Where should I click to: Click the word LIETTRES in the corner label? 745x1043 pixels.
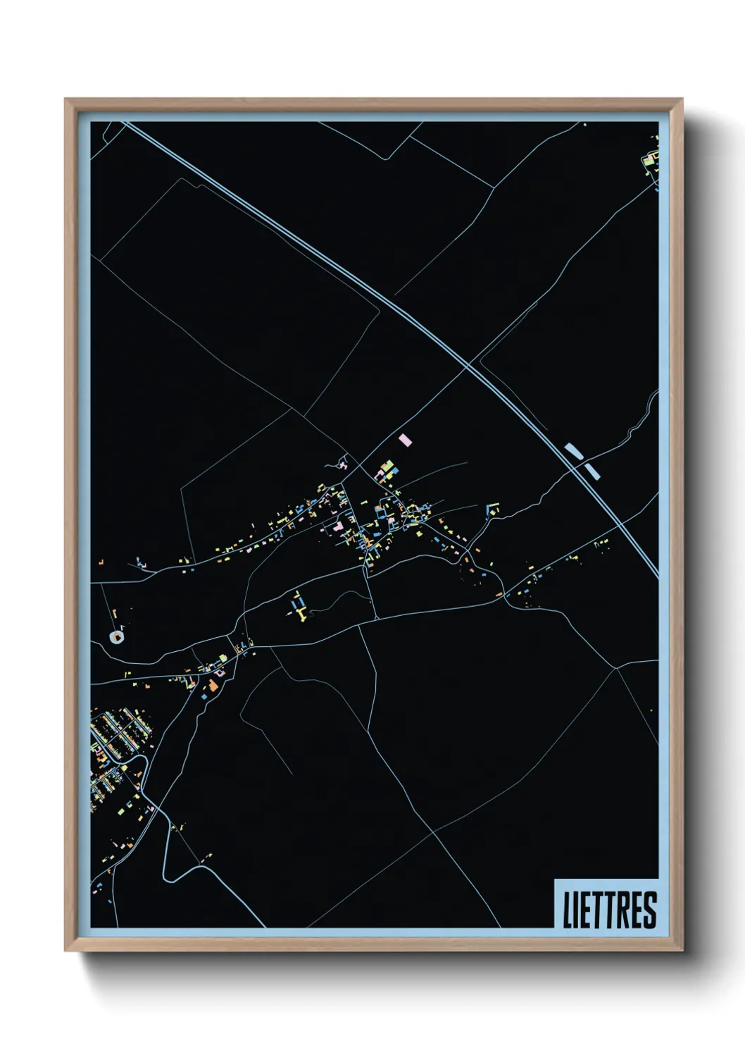[609, 909]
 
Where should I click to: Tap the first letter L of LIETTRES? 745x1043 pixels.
[567, 909]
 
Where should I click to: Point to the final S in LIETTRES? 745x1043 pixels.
[650, 909]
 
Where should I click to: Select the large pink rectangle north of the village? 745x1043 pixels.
[404, 440]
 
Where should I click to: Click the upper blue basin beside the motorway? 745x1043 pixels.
[573, 450]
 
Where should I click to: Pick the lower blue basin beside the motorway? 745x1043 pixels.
[593, 469]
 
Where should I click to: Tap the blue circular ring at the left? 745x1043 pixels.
[116, 637]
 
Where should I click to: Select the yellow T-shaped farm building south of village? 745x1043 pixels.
[301, 611]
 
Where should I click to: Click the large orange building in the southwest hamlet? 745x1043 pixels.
[213, 685]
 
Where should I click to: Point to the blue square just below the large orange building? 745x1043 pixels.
[205, 696]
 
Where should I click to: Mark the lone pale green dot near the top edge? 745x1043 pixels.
[585, 125]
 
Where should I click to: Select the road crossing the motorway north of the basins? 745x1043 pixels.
[467, 366]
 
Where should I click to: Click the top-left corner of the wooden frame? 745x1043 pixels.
[65, 99]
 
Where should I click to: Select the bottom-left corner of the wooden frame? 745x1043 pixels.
[65, 950]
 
